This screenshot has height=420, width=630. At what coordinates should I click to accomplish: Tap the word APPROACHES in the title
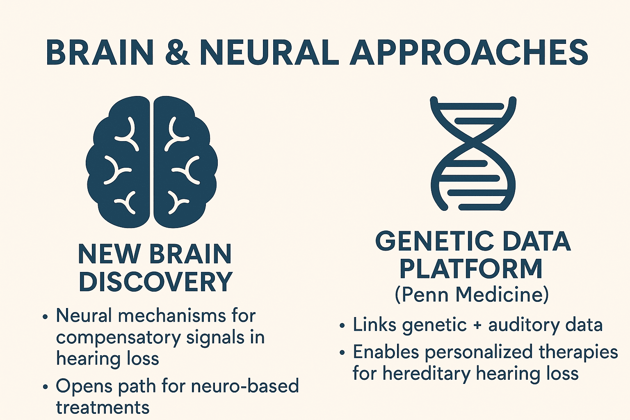click(x=469, y=52)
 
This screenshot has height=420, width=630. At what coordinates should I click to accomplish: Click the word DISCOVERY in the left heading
click(x=155, y=282)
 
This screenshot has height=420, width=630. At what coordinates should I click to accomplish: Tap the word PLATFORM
click(x=471, y=269)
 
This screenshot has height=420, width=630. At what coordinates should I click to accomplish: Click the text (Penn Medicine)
click(x=472, y=294)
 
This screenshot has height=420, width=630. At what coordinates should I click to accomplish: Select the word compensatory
click(x=117, y=338)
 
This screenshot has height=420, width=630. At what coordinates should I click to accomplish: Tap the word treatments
click(x=103, y=407)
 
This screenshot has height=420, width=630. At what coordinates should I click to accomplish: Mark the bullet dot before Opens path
click(x=45, y=387)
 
